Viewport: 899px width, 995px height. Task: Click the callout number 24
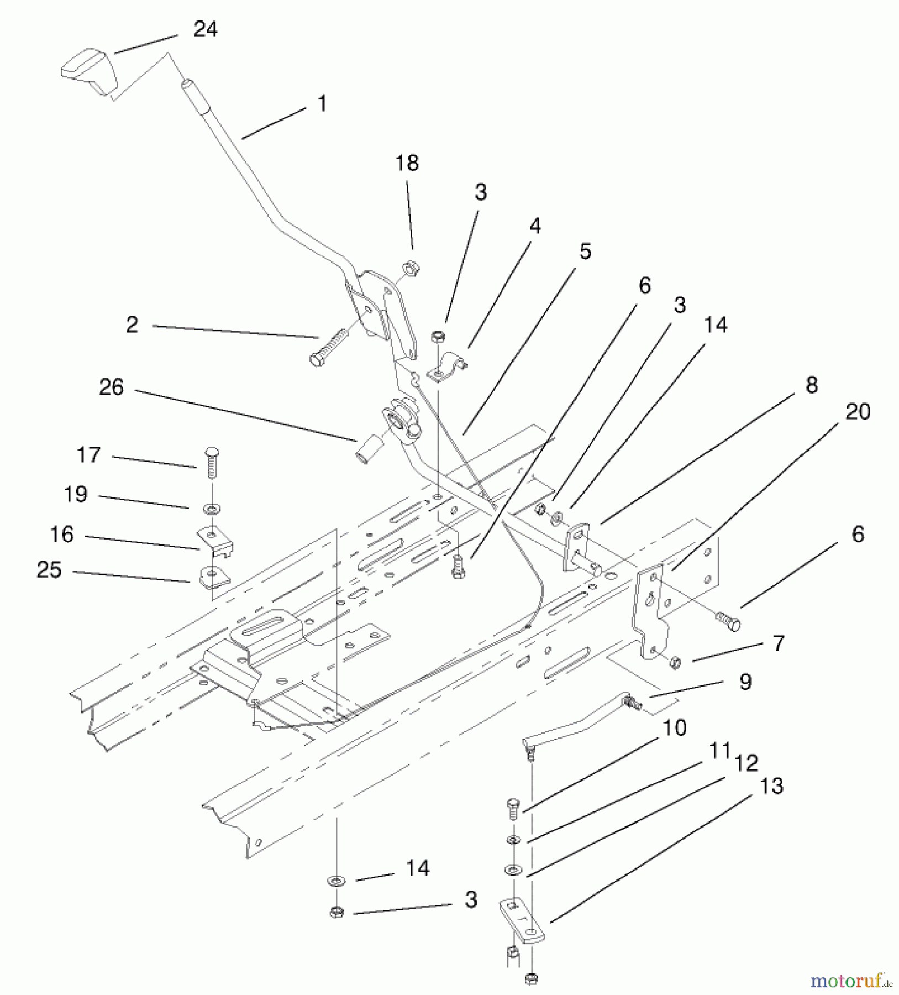pos(205,29)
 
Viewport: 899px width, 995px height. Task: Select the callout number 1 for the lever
pos(322,103)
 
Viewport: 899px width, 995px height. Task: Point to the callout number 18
pos(407,163)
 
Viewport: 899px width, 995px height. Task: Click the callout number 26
pos(111,387)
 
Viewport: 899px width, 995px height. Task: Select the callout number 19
pos(76,494)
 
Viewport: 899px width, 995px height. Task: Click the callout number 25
pos(49,570)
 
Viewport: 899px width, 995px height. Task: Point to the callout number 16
pos(62,534)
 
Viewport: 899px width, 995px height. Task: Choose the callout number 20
pos(858,411)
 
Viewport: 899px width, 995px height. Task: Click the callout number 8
pos(811,385)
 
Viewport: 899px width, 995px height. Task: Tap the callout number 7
pos(778,643)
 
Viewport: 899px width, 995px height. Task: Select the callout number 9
pos(745,682)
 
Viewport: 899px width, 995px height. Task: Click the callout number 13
pos(771,785)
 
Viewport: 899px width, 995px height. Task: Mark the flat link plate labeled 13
pos(522,920)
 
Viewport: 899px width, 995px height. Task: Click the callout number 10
pos(674,727)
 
